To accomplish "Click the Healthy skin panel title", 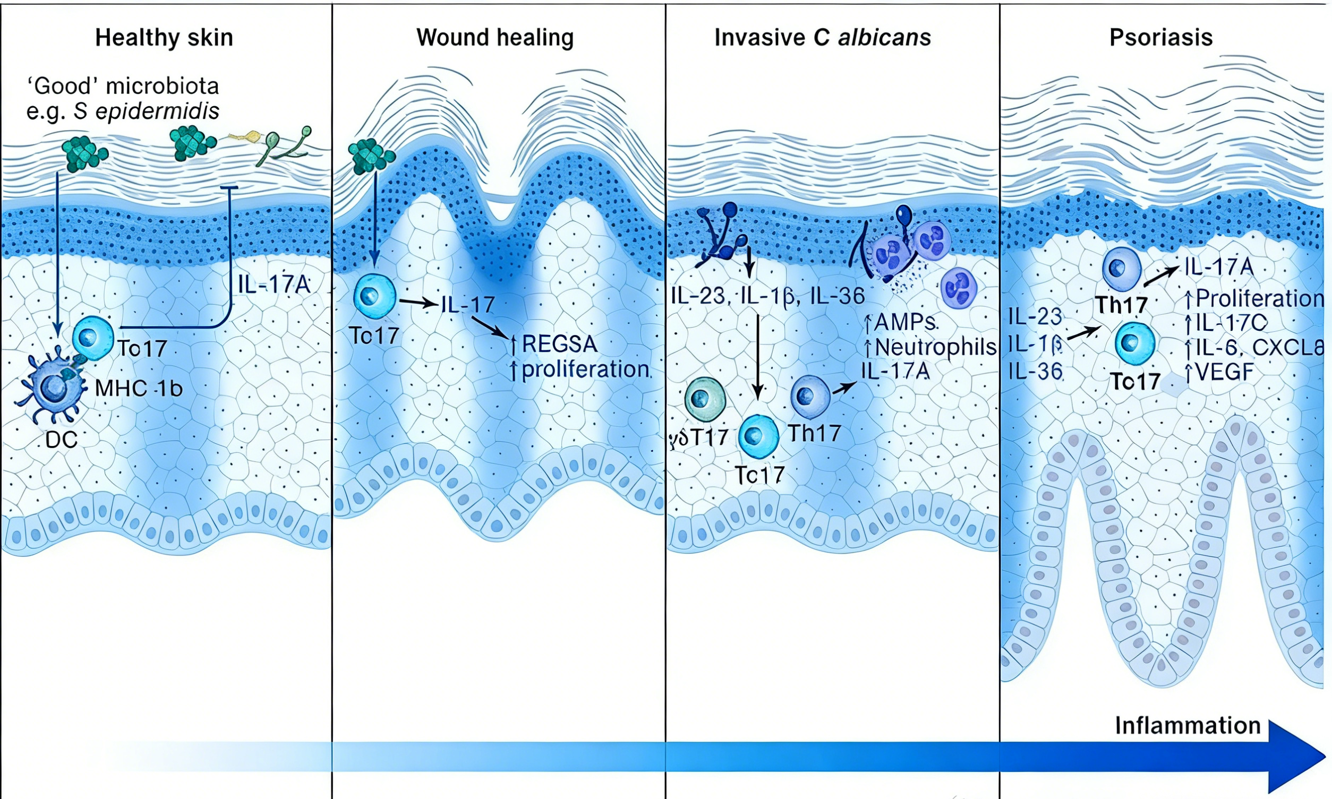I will click(x=164, y=38).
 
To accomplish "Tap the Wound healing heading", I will click(x=495, y=38).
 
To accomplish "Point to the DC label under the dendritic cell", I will click(x=62, y=440).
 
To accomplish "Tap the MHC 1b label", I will click(x=139, y=388).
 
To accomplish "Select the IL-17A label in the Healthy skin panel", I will click(x=274, y=284).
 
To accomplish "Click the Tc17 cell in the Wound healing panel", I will click(x=374, y=296).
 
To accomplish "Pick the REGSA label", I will click(x=559, y=344).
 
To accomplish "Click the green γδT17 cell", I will click(x=705, y=399).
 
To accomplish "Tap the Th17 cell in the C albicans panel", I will click(x=809, y=397).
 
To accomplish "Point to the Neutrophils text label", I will click(x=935, y=347).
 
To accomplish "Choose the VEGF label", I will click(x=1224, y=372).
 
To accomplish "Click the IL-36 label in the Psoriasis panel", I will click(x=1035, y=372).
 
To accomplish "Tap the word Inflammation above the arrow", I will click(x=1188, y=726).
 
